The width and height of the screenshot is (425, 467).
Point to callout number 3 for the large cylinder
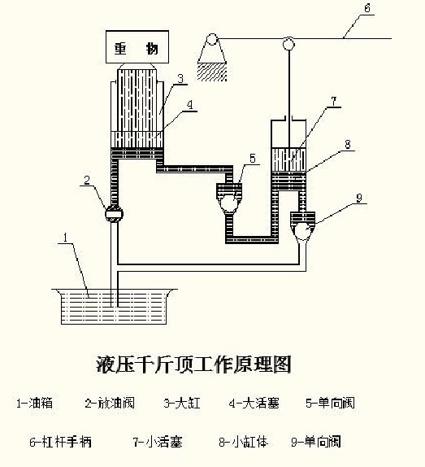pos(182,78)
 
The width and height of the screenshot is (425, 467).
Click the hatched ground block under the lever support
pos(213,72)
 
